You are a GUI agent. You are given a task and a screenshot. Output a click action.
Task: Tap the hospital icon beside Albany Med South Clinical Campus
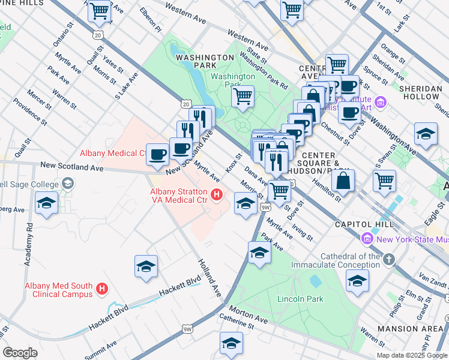(102, 289)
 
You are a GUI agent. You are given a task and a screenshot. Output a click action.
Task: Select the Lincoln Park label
(300, 299)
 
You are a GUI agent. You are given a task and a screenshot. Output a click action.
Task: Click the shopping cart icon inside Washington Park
(243, 96)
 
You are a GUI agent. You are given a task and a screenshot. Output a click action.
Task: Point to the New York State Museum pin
(367, 239)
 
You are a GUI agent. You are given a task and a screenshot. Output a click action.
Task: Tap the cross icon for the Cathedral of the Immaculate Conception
(389, 260)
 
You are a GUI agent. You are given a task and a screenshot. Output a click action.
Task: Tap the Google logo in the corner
(20, 353)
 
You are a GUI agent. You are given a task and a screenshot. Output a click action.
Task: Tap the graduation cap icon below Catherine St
(231, 343)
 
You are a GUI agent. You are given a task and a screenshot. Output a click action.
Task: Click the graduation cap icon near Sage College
(47, 203)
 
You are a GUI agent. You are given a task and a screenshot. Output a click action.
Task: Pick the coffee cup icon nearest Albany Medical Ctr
(158, 154)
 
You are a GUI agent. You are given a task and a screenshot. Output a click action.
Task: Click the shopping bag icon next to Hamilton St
(342, 180)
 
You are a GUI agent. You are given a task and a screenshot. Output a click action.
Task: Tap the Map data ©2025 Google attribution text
(411, 355)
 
